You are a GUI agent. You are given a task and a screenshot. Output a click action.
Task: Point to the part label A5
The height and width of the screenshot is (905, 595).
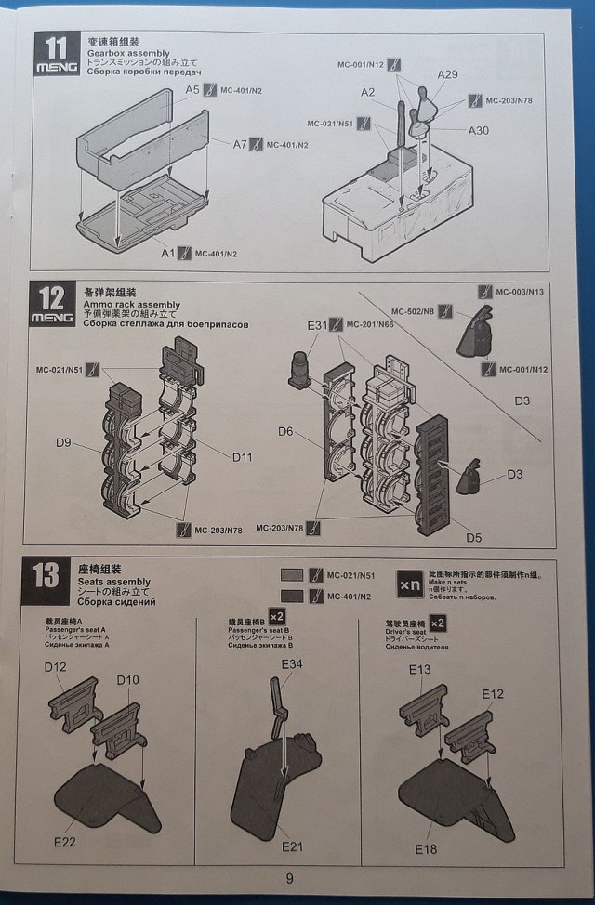click(193, 90)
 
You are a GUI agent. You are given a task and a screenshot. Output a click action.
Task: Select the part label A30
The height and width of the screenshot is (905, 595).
click(478, 130)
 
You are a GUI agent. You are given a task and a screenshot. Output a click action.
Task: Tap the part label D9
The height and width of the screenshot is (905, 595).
click(62, 442)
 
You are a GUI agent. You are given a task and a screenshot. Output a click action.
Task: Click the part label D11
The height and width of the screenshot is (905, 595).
click(243, 457)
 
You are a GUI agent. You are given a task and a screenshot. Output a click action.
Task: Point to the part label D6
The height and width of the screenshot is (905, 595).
click(285, 431)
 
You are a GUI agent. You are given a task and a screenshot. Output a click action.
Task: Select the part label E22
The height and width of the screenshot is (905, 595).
click(65, 842)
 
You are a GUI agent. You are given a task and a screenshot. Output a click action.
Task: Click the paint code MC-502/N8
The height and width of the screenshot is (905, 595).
click(413, 311)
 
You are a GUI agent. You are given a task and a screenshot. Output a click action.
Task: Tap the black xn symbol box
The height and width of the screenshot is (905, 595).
click(410, 584)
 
